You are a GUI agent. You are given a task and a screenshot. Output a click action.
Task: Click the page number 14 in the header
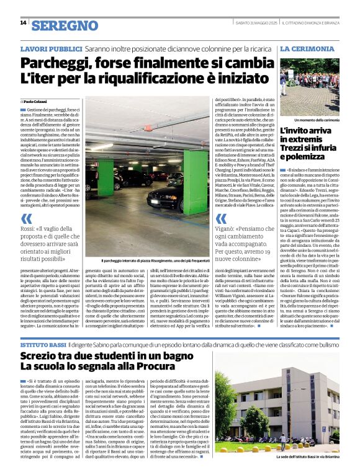(x=22, y=23)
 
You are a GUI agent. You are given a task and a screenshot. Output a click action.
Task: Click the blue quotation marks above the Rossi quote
(x=27, y=218)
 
